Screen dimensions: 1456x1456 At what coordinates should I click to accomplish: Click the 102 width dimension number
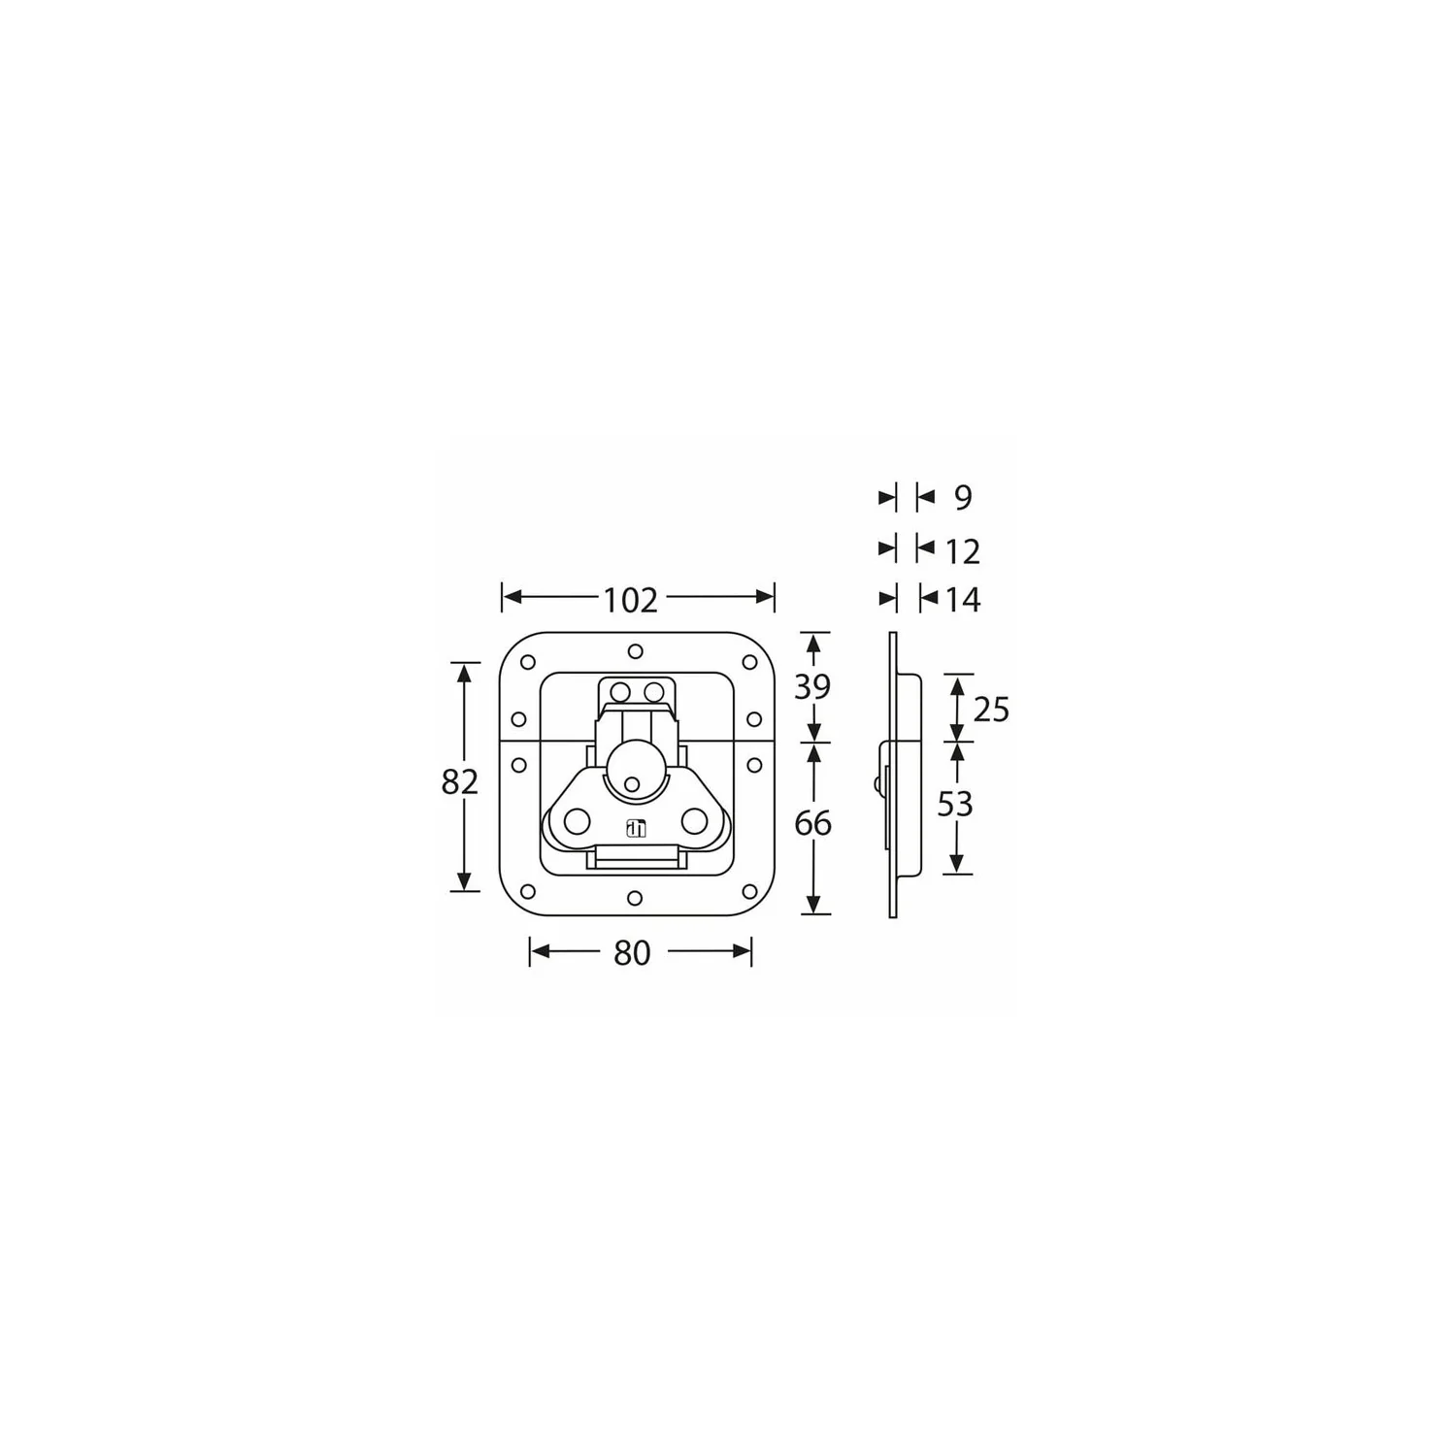pyautogui.click(x=631, y=600)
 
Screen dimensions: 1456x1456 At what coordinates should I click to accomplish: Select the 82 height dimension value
pyautogui.click(x=460, y=780)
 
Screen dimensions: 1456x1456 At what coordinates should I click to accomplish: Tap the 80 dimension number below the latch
pyautogui.click(x=632, y=953)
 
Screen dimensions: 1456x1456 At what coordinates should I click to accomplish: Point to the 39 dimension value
pyautogui.click(x=812, y=687)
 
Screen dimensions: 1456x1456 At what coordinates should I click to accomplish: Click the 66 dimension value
pyautogui.click(x=812, y=823)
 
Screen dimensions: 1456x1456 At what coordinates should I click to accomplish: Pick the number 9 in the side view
pyautogui.click(x=962, y=497)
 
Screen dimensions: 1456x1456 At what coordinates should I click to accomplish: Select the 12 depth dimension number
pyautogui.click(x=962, y=551)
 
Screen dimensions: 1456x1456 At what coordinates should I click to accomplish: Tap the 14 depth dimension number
pyautogui.click(x=962, y=600)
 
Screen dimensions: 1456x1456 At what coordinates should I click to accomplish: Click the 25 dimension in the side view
pyautogui.click(x=991, y=710)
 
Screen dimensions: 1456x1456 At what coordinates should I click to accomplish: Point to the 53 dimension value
pyautogui.click(x=954, y=804)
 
